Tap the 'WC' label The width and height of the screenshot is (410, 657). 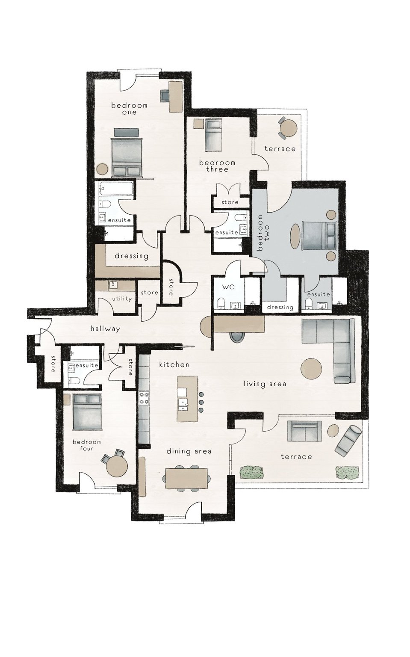pyautogui.click(x=228, y=287)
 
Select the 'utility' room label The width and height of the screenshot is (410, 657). pyautogui.click(x=122, y=299)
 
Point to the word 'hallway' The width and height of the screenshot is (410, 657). pyautogui.click(x=105, y=329)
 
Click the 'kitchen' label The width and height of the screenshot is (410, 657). pyautogui.click(x=174, y=364)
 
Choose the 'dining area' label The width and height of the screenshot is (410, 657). pyautogui.click(x=189, y=451)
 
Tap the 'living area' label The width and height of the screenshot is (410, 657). pyautogui.click(x=265, y=384)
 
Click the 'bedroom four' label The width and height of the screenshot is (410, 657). pyautogui.click(x=87, y=445)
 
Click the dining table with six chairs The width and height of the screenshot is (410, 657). pyautogui.click(x=187, y=478)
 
